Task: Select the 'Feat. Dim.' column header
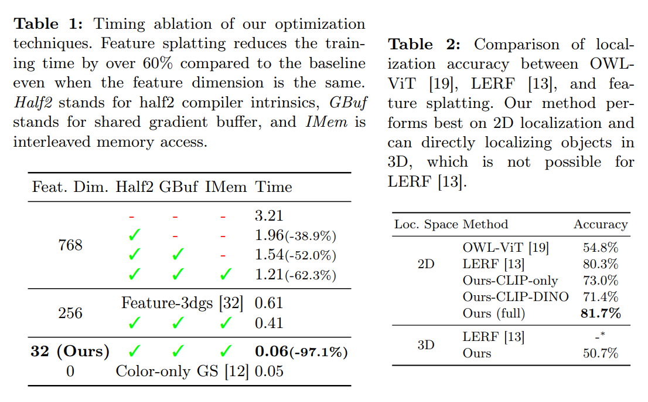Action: tap(70, 187)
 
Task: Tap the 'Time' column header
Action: tap(273, 187)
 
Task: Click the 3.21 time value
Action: tap(269, 216)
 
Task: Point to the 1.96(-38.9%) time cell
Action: tap(295, 236)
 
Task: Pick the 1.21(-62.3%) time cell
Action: tap(295, 274)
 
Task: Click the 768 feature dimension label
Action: tap(70, 245)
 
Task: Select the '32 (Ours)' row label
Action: tap(70, 352)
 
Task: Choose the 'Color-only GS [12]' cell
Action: tap(182, 371)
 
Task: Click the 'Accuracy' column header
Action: tap(600, 224)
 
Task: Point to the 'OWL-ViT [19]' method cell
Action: tap(506, 248)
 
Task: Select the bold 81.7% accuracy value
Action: tap(600, 313)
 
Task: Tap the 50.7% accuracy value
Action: tap(600, 353)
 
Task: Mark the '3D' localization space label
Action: tap(426, 345)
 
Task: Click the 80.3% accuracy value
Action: tap(600, 264)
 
